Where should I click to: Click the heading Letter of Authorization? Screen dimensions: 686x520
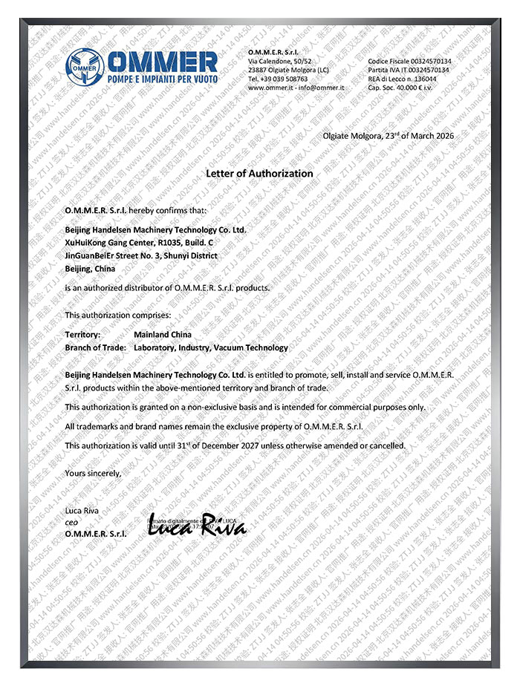pos(259,173)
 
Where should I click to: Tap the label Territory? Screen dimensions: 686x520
pos(82,335)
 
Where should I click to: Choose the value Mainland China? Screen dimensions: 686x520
pos(162,335)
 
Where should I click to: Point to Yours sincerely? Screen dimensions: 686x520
pos(92,472)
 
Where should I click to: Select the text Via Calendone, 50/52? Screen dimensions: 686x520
pos(280,61)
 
